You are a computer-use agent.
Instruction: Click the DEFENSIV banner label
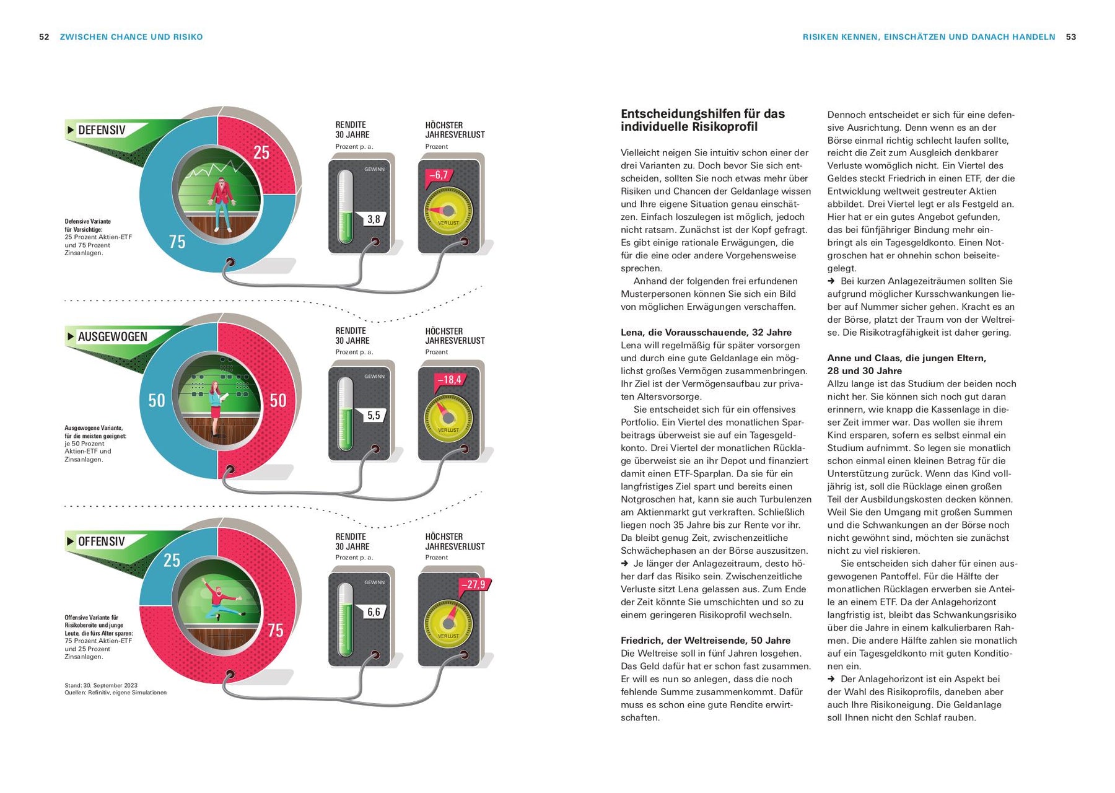tap(102, 130)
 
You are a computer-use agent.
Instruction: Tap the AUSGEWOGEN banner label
tap(112, 337)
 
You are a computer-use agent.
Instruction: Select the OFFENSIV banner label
tap(101, 541)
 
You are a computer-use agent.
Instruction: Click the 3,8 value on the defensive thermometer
tap(374, 219)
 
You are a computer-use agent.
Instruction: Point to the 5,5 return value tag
tap(374, 415)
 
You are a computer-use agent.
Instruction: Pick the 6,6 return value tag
tap(374, 612)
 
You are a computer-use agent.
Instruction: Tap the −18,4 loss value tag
tap(449, 380)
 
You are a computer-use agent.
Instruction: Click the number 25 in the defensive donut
tap(261, 152)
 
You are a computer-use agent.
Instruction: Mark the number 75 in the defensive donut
tap(177, 242)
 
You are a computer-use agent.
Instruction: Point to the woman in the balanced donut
tap(216, 406)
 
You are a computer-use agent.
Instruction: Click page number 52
tap(44, 37)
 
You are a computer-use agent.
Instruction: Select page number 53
tap(1071, 37)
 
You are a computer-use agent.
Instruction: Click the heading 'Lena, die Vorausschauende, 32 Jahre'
tap(706, 333)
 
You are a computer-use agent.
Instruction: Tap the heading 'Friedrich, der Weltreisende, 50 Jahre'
tap(706, 641)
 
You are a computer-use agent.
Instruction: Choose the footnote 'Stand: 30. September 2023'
tap(101, 685)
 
